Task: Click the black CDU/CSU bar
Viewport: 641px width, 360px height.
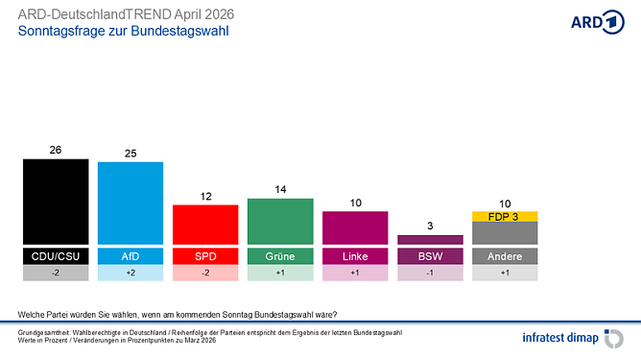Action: pos(56,202)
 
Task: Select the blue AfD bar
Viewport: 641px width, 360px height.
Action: pos(131,203)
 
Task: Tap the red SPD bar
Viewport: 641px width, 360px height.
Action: pos(205,225)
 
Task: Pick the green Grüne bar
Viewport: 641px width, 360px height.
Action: pos(280,221)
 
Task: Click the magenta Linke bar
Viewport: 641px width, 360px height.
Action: pos(355,228)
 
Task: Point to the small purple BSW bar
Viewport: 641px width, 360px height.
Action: pos(430,240)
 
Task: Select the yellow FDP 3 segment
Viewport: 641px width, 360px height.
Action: pos(505,217)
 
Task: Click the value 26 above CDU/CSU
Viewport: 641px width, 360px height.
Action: pos(56,151)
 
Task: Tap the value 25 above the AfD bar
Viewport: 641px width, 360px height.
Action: pos(131,153)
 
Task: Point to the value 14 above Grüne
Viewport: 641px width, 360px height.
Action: pos(280,190)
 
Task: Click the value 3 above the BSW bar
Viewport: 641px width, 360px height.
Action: pos(430,226)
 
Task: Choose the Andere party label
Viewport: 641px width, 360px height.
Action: pos(505,256)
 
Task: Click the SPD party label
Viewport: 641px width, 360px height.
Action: pos(205,256)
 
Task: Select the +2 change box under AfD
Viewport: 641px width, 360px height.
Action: pos(131,274)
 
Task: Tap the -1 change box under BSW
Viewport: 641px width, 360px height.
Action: pos(430,274)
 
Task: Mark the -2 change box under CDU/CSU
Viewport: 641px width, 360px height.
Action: pos(56,274)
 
